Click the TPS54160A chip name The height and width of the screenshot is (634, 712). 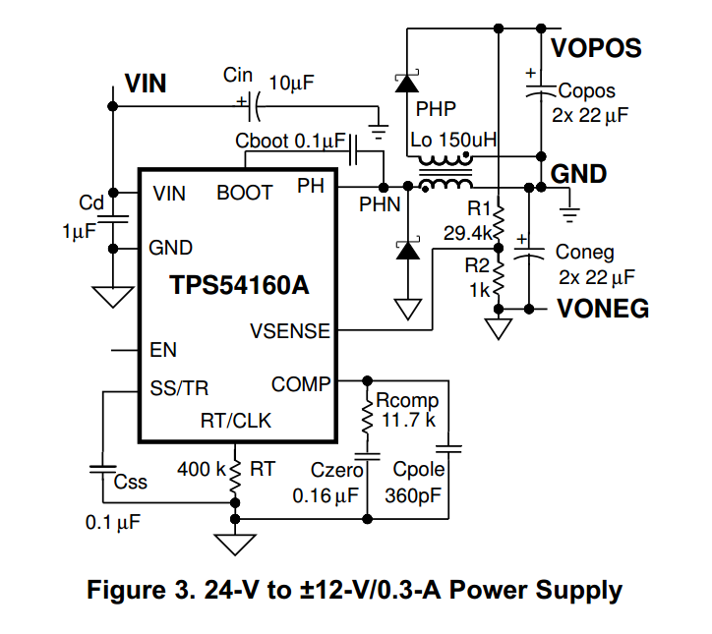[239, 286]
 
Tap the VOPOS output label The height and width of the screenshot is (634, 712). [596, 47]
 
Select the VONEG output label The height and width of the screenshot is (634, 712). [602, 309]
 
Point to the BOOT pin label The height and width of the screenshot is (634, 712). [244, 193]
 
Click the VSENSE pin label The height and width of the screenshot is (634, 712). [291, 332]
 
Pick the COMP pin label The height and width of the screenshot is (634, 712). [301, 384]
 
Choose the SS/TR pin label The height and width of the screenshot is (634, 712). [179, 387]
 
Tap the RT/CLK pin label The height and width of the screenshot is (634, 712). [236, 421]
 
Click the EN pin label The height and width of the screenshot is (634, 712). [163, 349]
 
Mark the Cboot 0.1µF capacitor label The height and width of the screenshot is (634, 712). [290, 141]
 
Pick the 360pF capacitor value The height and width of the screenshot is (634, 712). [417, 494]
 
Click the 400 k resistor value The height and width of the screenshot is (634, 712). [200, 469]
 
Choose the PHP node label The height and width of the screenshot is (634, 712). [436, 107]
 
